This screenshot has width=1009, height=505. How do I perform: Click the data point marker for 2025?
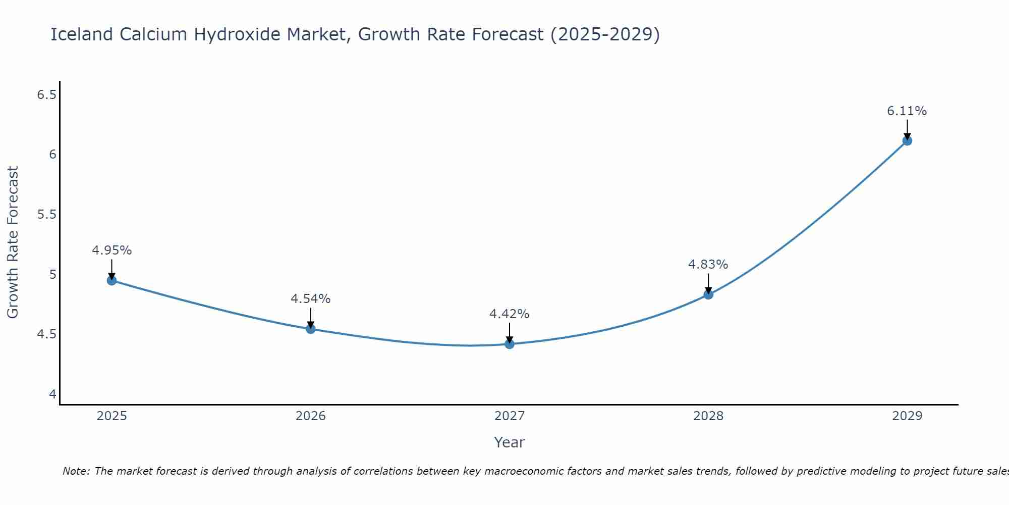tap(112, 280)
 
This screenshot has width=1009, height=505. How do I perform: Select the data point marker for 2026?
tap(311, 329)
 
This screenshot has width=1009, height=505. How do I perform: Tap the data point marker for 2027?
tap(510, 344)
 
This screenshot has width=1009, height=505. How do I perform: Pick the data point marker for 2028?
tap(708, 294)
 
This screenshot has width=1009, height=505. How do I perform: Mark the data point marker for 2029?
tap(907, 140)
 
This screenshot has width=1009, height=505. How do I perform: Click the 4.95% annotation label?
tap(112, 250)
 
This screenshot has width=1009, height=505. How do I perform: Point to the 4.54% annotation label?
tap(311, 299)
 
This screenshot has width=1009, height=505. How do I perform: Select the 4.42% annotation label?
tap(510, 314)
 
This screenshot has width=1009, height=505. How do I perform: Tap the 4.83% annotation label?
tap(708, 265)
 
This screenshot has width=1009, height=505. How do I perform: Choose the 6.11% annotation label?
tap(907, 111)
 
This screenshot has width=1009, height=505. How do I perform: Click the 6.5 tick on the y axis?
tap(47, 95)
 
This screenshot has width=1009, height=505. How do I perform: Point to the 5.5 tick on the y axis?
tap(47, 215)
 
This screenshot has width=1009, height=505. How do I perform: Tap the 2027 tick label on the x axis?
tap(510, 416)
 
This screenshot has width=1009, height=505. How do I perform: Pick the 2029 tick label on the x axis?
tap(907, 416)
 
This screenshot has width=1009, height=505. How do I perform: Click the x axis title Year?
tap(510, 442)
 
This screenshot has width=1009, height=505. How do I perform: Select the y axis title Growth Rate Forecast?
tap(13, 242)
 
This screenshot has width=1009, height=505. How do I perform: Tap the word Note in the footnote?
tap(76, 471)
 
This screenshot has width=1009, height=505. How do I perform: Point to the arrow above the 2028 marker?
tap(708, 283)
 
